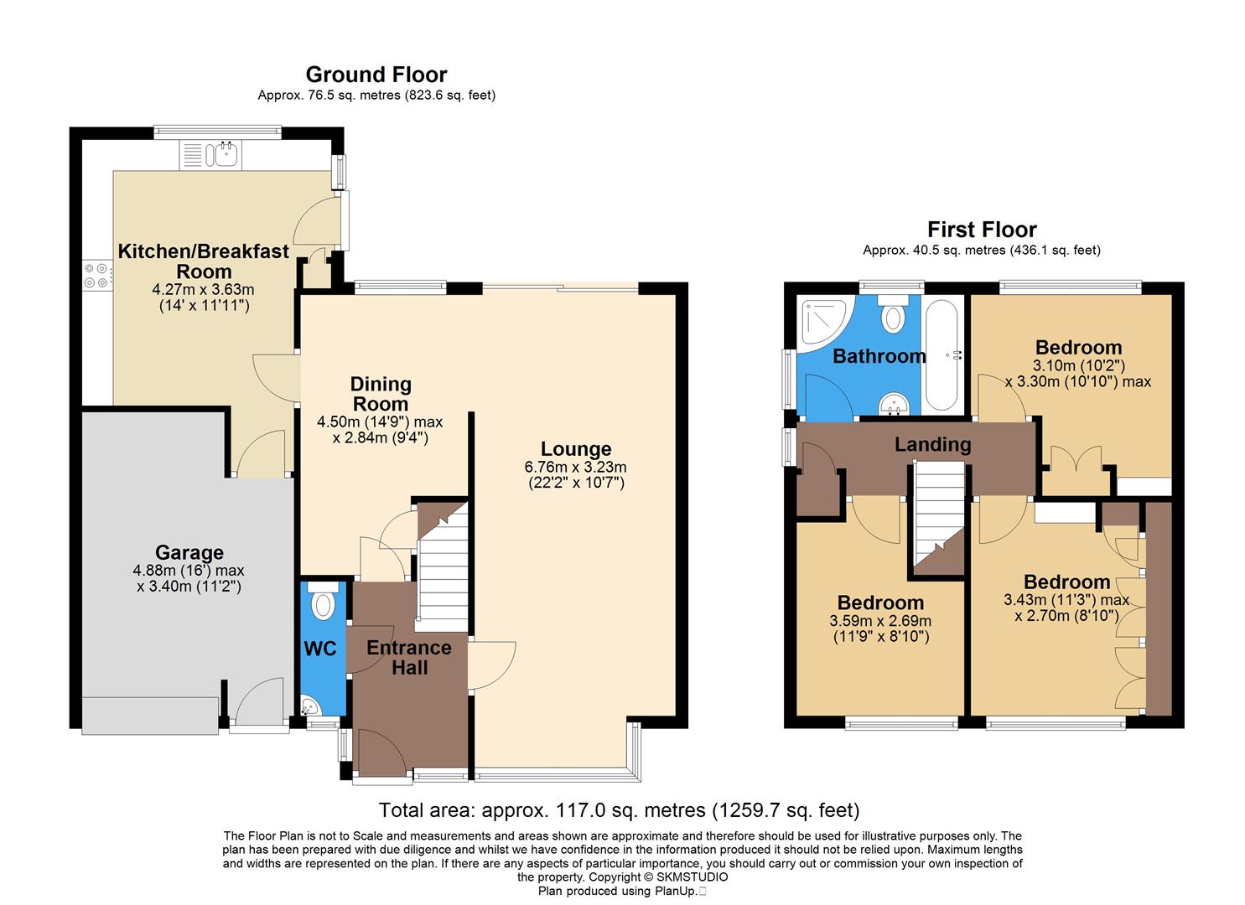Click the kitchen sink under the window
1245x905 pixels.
(210, 154)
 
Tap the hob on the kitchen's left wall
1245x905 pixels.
(96, 276)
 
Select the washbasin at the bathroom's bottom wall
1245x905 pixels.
(895, 405)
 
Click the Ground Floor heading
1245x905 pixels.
(376, 75)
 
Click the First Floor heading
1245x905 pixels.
(981, 230)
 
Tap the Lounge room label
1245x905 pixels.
(575, 449)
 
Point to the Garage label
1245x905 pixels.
(189, 552)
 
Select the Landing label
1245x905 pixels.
(932, 444)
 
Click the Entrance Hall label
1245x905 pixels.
(408, 657)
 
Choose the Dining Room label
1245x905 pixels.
(381, 394)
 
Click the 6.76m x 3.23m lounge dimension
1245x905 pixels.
(575, 468)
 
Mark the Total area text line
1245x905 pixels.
(619, 810)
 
